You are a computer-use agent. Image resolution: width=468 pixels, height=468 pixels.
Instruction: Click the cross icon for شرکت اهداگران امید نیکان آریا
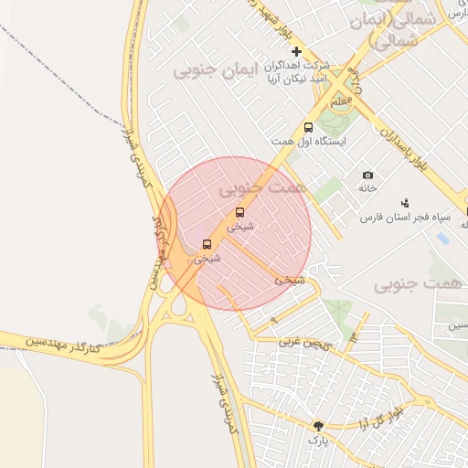[295, 51]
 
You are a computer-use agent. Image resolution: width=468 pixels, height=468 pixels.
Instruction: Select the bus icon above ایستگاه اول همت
[308, 127]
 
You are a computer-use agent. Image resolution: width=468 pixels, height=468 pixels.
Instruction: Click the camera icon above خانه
[367, 175]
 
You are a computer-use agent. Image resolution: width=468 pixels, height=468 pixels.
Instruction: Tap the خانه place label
[367, 188]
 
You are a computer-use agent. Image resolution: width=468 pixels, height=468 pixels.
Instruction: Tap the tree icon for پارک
[318, 426]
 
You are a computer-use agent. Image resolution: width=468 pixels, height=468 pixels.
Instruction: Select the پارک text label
[317, 441]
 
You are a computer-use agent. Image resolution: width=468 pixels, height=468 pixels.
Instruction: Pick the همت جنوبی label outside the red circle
[418, 284]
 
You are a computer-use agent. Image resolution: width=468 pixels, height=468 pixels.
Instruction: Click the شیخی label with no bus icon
[290, 280]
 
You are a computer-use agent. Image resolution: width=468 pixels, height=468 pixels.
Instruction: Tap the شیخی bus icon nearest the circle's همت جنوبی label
[240, 212]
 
